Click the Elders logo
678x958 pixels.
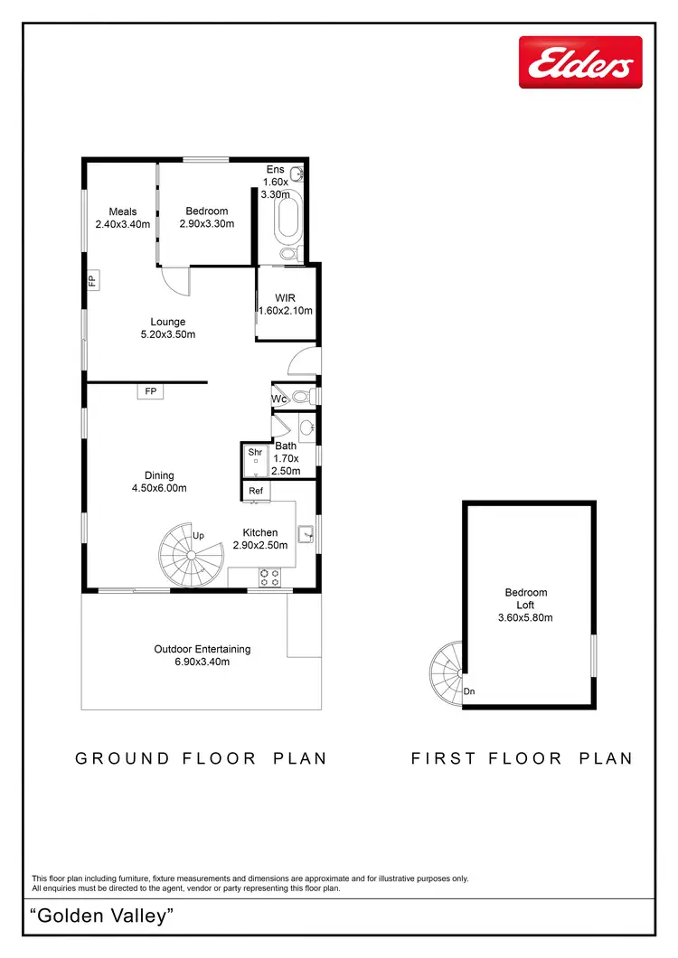tap(580, 62)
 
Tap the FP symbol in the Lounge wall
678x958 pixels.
tap(92, 280)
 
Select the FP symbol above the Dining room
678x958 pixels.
tap(150, 391)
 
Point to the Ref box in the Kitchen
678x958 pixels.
tap(256, 491)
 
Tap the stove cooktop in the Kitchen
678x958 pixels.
tap(269, 572)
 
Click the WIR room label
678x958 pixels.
tap(286, 297)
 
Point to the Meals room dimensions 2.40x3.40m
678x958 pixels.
tap(122, 225)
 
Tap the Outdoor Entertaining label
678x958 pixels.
tap(202, 649)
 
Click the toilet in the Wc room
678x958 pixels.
tap(302, 396)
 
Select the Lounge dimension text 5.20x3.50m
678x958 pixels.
tap(168, 334)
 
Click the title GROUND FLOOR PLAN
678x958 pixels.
tap(201, 758)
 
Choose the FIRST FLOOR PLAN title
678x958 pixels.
tap(523, 758)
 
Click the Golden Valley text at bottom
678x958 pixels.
tap(101, 916)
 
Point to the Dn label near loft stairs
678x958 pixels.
tap(469, 692)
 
